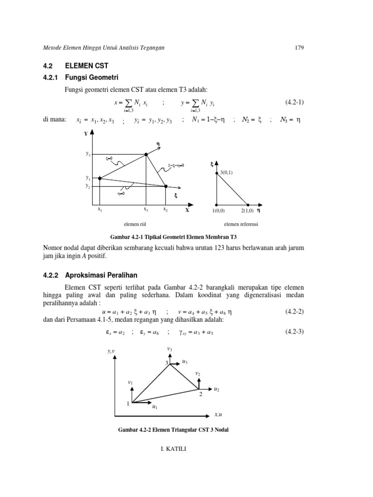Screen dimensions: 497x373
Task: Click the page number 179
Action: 299,47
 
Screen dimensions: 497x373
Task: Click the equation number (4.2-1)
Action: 295,102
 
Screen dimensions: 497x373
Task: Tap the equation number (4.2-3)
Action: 294,332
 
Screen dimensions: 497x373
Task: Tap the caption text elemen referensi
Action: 241,224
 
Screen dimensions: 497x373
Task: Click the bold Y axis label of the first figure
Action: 85,133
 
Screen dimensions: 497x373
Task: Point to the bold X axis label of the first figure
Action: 187,211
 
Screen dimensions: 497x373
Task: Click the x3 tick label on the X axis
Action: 146,210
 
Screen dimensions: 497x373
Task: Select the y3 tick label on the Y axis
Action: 88,154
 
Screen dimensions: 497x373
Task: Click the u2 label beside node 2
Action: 216,389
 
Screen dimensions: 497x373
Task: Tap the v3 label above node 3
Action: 169,348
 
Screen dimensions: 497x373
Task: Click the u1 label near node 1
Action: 154,408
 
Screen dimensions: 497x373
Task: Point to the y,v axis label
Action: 111,351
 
